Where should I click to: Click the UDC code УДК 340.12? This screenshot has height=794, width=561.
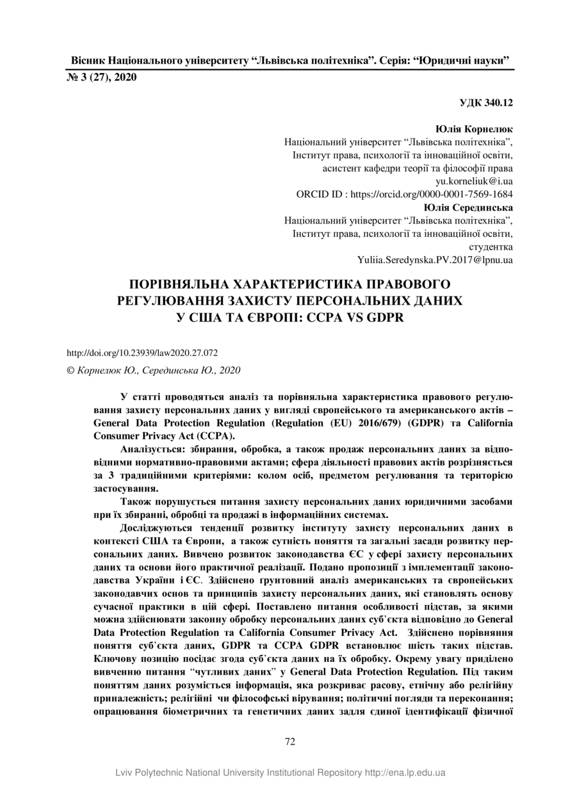pyautogui.click(x=487, y=102)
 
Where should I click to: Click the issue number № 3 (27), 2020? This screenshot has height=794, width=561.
pyautogui.click(x=102, y=78)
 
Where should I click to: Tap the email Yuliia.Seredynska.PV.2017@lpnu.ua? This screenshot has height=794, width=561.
pyautogui.click(x=435, y=259)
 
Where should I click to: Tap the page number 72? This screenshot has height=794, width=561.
pyautogui.click(x=289, y=741)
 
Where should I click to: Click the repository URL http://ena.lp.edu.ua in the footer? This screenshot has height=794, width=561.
pyautogui.click(x=405, y=773)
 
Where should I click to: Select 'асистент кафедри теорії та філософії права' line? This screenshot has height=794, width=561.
pyautogui.click(x=418, y=168)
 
